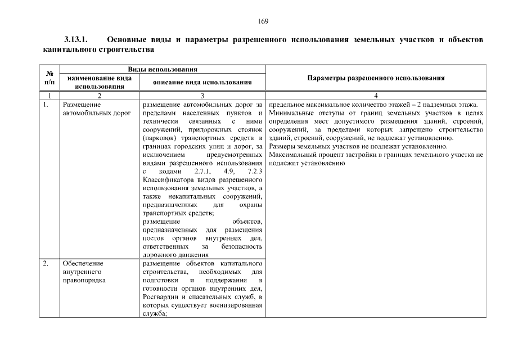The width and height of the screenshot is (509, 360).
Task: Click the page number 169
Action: [263, 21]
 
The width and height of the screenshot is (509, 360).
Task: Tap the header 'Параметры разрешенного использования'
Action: [376, 78]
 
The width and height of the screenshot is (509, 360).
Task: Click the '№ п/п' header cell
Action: [49, 78]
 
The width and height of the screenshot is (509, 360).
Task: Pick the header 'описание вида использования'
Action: [202, 83]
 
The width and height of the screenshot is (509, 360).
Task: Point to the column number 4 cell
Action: [376, 96]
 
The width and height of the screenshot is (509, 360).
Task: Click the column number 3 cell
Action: [201, 96]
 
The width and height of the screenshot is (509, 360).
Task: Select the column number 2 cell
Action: [99, 96]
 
